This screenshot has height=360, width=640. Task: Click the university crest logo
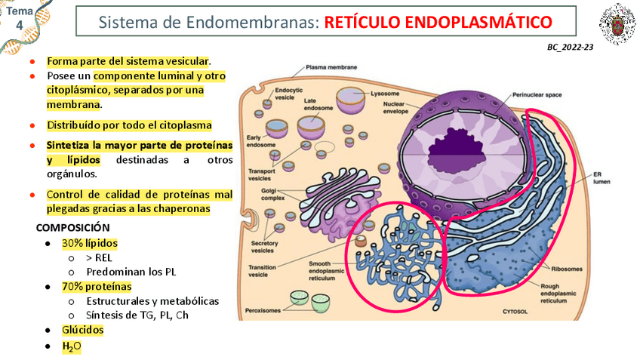tap(617, 24)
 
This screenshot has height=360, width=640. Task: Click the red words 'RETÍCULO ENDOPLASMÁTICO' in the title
tap(438, 23)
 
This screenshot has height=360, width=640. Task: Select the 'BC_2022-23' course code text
tap(571, 47)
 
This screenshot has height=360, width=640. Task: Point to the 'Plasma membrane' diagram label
tap(331, 67)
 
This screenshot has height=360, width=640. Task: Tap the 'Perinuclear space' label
tap(537, 96)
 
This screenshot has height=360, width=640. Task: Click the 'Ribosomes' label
tap(567, 267)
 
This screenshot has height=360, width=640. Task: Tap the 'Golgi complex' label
tap(272, 195)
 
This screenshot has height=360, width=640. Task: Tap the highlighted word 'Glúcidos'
tap(83, 330)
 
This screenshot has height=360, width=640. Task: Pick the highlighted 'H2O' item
tap(72, 346)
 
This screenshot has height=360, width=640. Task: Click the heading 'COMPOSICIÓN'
tap(72, 227)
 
